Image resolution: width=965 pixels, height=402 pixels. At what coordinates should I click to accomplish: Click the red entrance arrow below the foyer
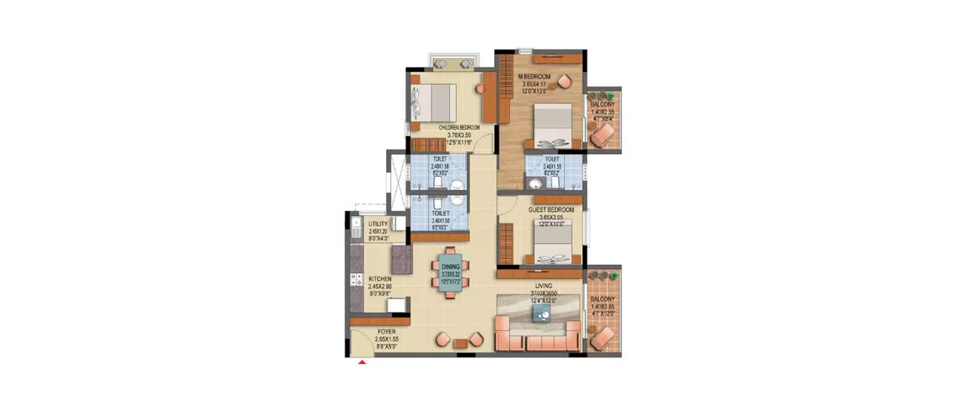coord(362,363)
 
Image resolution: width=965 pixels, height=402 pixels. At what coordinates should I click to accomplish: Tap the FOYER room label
coord(387,333)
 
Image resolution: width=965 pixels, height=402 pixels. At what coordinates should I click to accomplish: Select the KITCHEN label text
coord(380,279)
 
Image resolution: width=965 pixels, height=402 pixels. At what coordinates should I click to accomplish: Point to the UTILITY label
coord(378,224)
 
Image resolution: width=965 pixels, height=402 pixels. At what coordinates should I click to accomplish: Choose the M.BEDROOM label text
coord(535,77)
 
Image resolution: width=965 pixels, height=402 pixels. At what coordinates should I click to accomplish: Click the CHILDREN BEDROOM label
coord(460,128)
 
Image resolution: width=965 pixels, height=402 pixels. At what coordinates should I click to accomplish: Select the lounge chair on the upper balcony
coord(603,135)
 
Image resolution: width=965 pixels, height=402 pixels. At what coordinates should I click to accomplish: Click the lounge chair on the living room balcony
coord(603,338)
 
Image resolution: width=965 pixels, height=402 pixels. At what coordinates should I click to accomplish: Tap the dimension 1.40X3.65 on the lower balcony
coord(603,306)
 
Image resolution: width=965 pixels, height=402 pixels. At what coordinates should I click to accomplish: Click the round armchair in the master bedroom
coord(564,81)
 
